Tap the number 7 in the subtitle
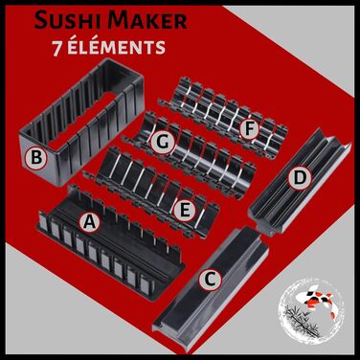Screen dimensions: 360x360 (56, 48)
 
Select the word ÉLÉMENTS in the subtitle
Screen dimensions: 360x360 (116, 47)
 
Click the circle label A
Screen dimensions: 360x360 (89, 222)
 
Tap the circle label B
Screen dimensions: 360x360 (36, 158)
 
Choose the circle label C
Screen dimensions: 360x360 (210, 280)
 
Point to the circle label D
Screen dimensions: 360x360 (299, 178)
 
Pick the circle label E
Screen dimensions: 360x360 (185, 211)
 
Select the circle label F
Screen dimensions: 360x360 (250, 129)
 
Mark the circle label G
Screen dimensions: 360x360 (163, 143)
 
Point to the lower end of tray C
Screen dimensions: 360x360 (165, 332)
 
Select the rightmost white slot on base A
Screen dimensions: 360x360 (146, 283)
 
